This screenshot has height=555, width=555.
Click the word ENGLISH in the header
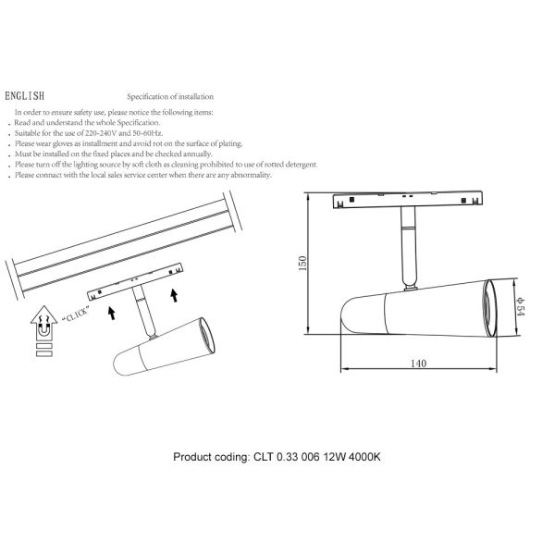click(x=23, y=96)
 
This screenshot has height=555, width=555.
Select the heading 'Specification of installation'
click(x=170, y=96)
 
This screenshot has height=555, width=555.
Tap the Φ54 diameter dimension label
click(x=521, y=309)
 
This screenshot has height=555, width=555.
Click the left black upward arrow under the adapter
click(x=111, y=312)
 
